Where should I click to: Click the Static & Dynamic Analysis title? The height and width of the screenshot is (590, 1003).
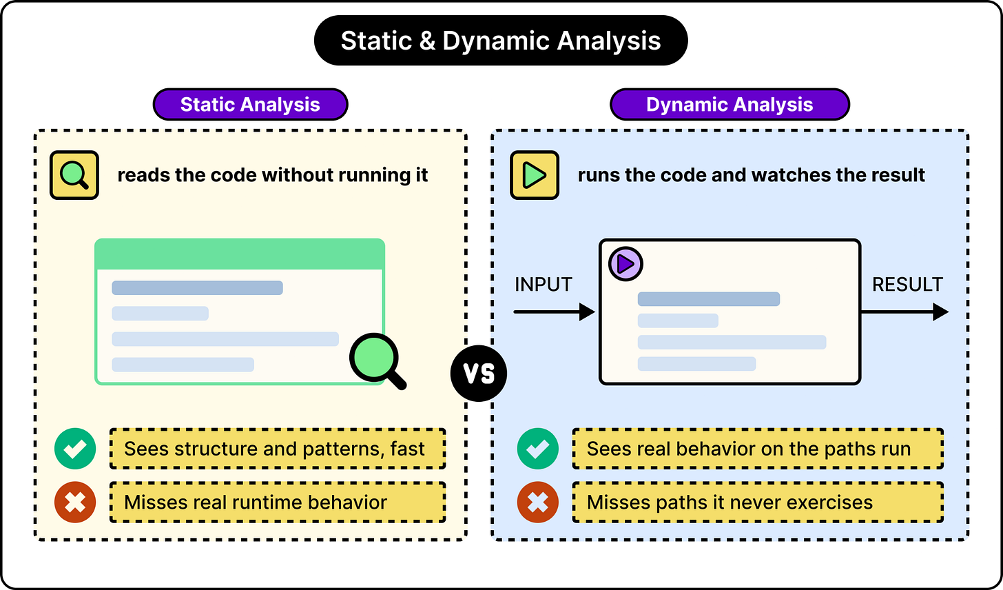[x=501, y=41]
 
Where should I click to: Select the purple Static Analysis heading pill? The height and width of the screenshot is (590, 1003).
[x=250, y=104]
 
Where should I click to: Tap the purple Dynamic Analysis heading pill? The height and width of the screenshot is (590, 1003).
[x=730, y=104]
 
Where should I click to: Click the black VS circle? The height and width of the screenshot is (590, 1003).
[x=479, y=373]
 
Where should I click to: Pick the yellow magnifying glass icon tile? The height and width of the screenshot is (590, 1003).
[x=74, y=174]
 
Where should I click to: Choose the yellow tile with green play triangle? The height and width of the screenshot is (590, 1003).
[x=535, y=174]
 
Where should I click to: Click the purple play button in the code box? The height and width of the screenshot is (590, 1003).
[x=625, y=264]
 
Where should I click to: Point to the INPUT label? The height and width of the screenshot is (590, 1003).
[x=543, y=285]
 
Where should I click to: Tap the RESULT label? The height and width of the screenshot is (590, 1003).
[x=907, y=285]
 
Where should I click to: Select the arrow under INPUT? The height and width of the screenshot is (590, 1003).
[x=555, y=312]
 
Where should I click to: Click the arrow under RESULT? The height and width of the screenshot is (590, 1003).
[x=904, y=312]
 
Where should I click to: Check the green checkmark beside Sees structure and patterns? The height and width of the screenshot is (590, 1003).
[x=75, y=449]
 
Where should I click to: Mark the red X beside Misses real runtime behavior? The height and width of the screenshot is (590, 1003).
[x=75, y=502]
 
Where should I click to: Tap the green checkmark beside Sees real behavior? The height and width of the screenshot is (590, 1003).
[x=537, y=449]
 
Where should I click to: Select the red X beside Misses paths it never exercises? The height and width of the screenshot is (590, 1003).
[x=537, y=502]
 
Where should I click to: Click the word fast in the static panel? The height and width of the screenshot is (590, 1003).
[x=407, y=449]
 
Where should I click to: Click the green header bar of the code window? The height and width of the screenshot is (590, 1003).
[x=240, y=254]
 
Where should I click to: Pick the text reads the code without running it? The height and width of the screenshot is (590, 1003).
[x=272, y=175]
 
